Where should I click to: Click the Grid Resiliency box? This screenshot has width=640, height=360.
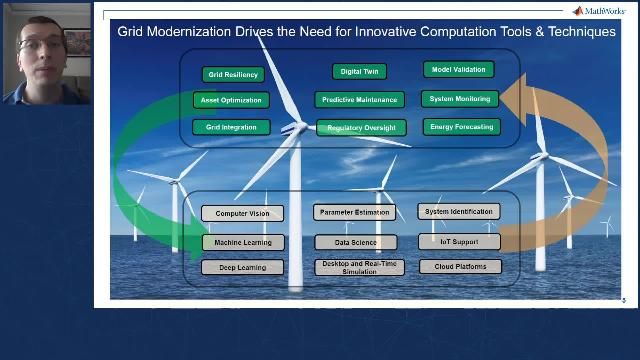click(x=233, y=74)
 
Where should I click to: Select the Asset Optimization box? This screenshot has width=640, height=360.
click(x=231, y=100)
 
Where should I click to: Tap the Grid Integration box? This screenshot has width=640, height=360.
click(x=231, y=127)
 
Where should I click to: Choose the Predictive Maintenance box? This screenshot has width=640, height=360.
click(x=360, y=99)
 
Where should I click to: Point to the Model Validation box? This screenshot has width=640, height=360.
click(x=459, y=70)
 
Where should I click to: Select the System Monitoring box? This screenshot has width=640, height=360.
click(x=459, y=99)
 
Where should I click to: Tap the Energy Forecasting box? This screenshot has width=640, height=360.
click(x=459, y=127)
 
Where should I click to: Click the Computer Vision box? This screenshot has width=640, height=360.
click(x=242, y=213)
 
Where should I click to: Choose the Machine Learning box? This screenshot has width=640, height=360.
click(x=243, y=242)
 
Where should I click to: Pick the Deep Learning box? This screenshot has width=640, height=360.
click(x=243, y=267)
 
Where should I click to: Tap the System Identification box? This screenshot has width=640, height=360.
click(x=459, y=212)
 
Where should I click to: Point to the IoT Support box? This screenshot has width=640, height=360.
click(x=459, y=241)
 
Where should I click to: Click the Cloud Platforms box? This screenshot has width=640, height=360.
click(x=459, y=267)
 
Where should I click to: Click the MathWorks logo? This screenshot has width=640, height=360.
click(x=598, y=11)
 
